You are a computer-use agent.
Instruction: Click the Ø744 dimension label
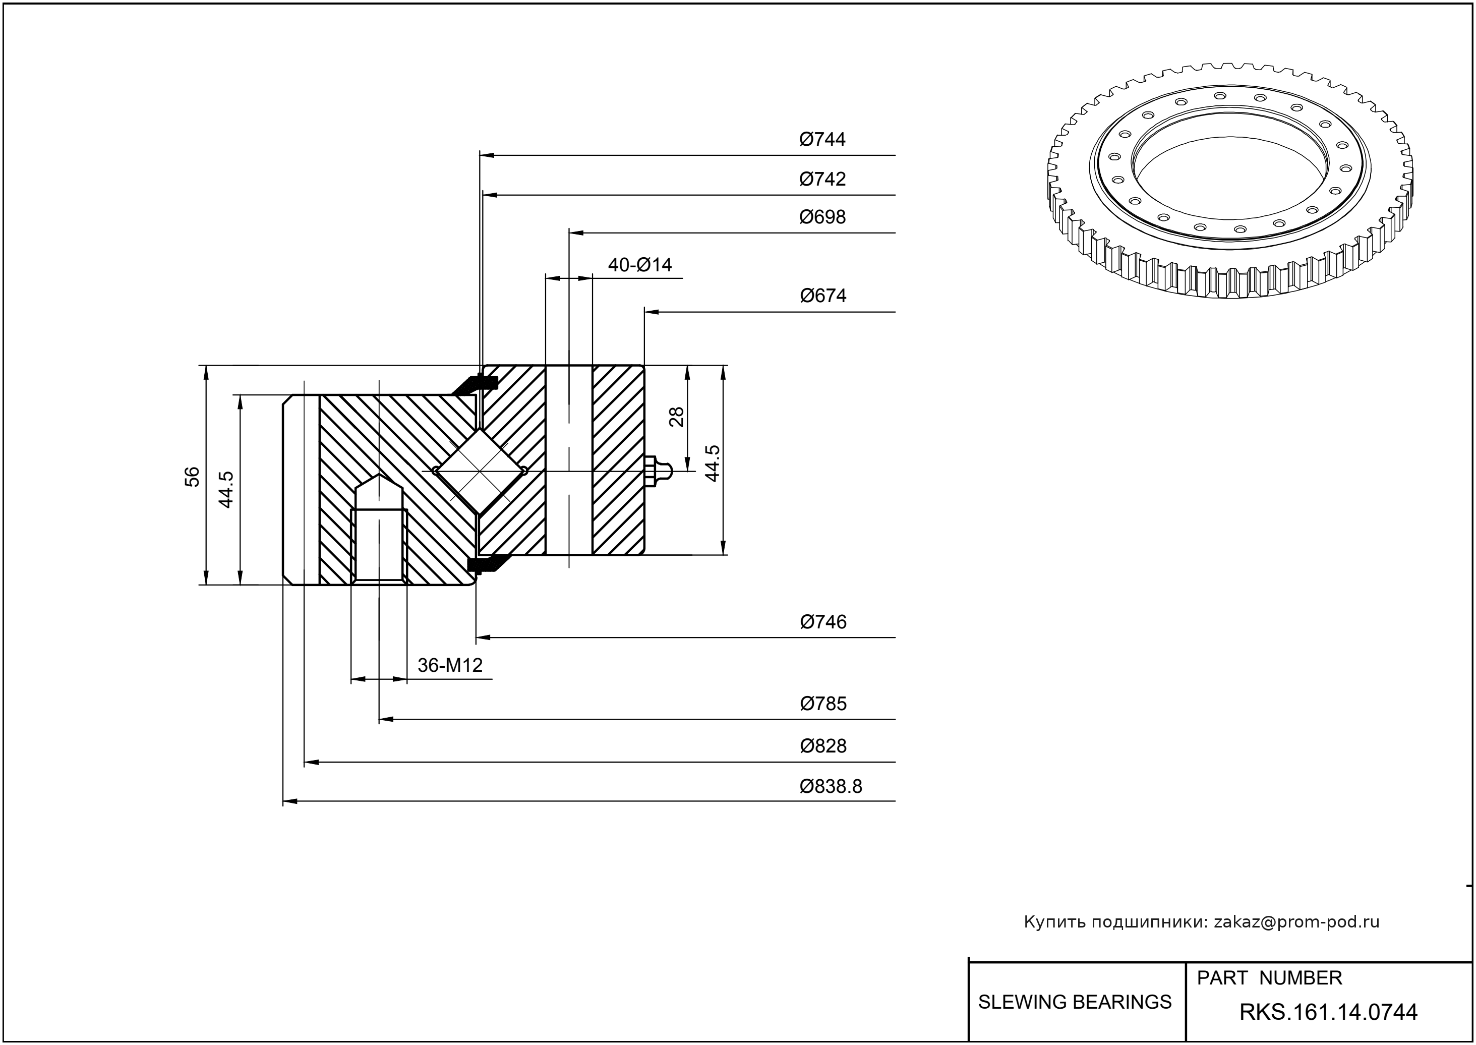coord(822,139)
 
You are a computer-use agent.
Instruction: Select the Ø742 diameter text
coord(822,179)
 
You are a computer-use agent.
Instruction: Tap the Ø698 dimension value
coord(822,217)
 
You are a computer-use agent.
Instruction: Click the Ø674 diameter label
coord(823,296)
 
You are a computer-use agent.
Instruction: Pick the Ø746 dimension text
coord(823,621)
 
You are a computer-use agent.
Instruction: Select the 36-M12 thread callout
coord(450,665)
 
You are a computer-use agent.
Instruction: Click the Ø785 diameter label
coord(823,704)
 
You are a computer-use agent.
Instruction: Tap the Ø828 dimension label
coord(823,746)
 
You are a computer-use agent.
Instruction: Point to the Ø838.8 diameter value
coord(831,786)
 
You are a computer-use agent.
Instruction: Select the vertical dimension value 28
coord(676,417)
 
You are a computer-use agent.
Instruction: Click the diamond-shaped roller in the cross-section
coord(480,471)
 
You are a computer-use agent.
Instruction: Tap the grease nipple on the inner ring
coord(658,471)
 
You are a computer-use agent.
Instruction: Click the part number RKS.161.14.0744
coord(1328,1012)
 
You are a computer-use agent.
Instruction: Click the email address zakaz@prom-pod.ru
coord(1296,922)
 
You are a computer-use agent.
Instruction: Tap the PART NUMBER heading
coord(1269,978)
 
